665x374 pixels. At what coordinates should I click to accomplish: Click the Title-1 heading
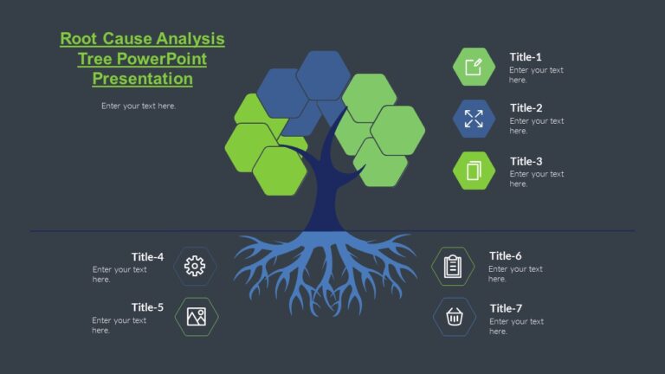(526, 56)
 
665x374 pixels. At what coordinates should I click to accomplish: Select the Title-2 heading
(526, 108)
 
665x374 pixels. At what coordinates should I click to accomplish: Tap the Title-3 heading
(526, 161)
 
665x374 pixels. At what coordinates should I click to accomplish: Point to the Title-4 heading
(147, 256)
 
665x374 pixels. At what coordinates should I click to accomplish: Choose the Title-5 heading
(147, 307)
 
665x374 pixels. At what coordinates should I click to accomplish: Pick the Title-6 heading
(505, 255)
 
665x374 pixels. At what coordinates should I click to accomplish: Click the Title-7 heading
(506, 308)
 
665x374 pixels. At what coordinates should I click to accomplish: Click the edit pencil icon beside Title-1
(474, 68)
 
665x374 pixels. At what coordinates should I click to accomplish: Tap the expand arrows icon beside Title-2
(474, 119)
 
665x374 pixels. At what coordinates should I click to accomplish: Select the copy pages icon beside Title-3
(474, 171)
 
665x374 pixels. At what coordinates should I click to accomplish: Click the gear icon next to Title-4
(196, 266)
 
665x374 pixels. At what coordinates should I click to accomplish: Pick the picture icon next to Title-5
(197, 317)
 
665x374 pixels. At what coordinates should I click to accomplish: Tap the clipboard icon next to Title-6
(453, 266)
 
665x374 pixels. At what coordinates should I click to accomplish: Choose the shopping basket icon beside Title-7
(455, 317)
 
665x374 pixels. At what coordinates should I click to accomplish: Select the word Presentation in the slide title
(142, 79)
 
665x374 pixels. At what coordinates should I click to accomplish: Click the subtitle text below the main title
(139, 106)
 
